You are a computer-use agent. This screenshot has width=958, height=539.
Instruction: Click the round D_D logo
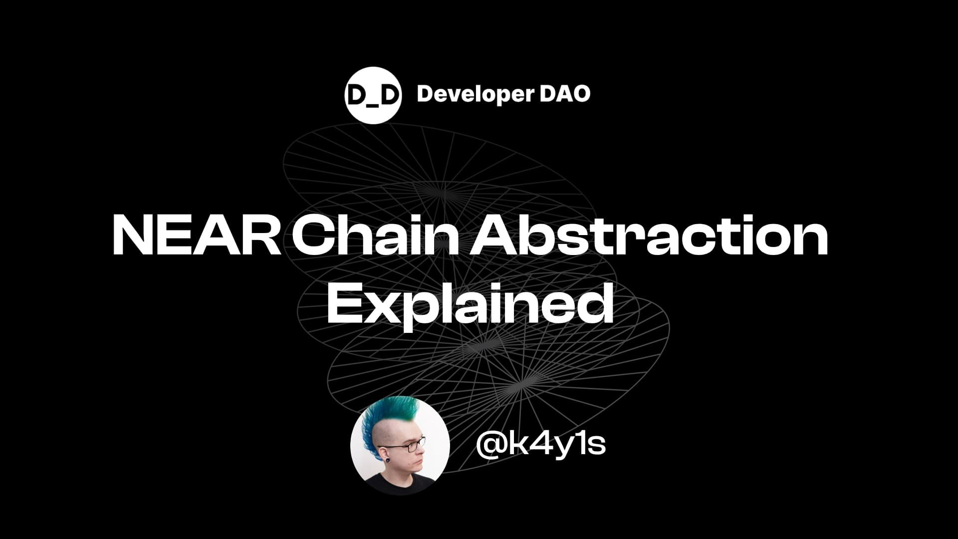(x=373, y=95)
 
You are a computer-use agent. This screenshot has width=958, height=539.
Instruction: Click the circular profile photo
(x=400, y=445)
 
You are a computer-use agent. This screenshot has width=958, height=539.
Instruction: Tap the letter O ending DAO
(x=580, y=94)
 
